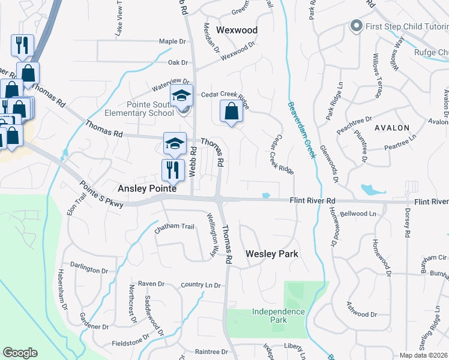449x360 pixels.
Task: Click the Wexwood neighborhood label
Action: pos(237,30)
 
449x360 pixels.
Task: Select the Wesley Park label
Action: pos(272,254)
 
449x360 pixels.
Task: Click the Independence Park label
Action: pos(278,316)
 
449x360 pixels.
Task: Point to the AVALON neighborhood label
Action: pos(392,128)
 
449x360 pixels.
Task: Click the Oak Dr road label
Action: pos(178,62)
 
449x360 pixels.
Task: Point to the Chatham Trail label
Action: pos(175,227)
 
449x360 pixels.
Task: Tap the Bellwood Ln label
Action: pos(357,214)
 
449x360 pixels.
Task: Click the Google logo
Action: pos(20,353)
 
